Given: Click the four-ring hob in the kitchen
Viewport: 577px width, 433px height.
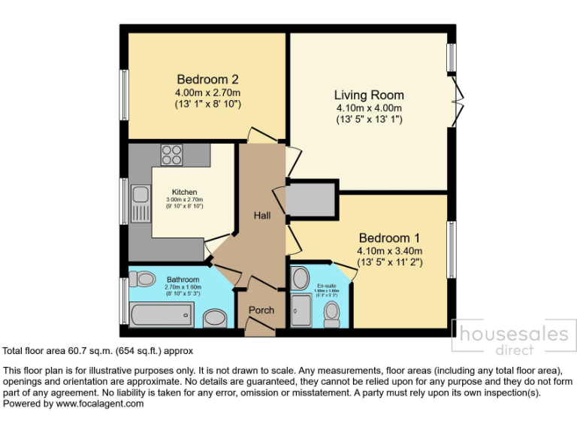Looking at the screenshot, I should tap(172, 154).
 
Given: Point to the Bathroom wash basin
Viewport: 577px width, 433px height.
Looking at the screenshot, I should tap(216, 319).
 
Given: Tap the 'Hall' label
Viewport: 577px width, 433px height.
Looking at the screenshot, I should tap(262, 216).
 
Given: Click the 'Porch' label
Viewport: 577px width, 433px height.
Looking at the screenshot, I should tap(261, 310).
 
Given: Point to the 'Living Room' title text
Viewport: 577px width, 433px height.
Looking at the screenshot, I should tap(369, 95).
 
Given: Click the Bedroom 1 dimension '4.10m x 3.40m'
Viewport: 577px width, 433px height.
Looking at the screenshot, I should tap(389, 251).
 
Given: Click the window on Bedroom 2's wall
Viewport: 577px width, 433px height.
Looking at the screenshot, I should tap(124, 95).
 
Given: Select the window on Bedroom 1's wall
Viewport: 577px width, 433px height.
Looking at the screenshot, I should tap(452, 249).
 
